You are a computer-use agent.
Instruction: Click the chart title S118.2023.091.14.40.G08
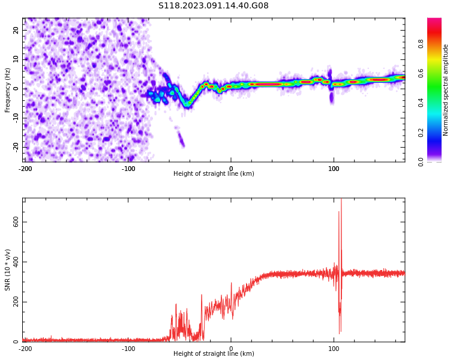(x=214, y=6)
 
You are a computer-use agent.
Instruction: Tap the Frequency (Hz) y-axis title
(x=8, y=90)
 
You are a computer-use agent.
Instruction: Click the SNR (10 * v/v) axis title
(x=8, y=270)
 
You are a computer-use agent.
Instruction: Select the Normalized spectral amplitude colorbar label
(x=446, y=90)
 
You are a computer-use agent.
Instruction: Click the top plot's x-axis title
(x=214, y=173)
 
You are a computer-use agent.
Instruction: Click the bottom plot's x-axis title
(x=214, y=353)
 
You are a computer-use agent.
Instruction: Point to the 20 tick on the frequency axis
(x=16, y=30)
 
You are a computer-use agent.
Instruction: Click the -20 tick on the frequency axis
(x=15, y=146)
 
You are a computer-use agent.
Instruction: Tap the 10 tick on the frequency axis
(x=16, y=59)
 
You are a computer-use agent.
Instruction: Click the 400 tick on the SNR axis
(x=14, y=262)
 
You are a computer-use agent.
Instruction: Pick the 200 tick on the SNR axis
(x=14, y=302)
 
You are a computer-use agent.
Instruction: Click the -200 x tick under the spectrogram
(x=25, y=168)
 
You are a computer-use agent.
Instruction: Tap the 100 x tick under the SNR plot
(x=334, y=349)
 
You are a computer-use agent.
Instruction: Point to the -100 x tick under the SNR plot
(x=128, y=349)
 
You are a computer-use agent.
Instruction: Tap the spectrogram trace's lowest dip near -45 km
(x=187, y=104)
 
